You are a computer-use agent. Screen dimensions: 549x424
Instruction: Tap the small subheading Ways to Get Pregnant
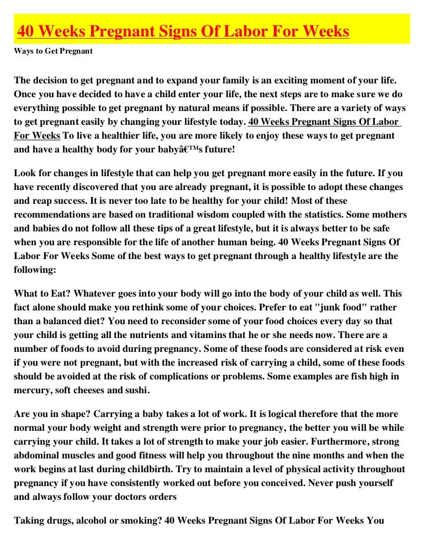pos(53,51)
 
